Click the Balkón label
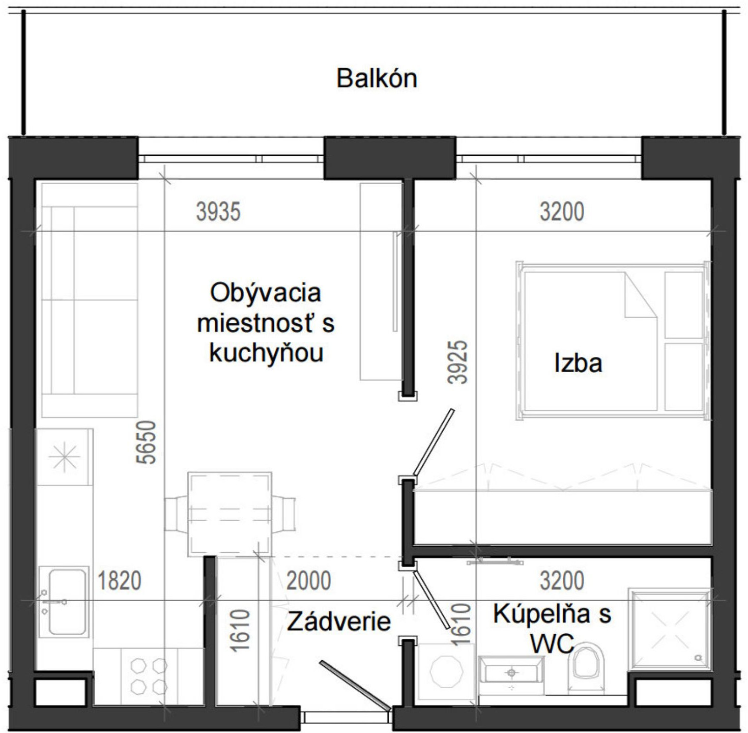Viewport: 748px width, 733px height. coord(377,78)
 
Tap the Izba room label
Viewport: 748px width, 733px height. coord(578,363)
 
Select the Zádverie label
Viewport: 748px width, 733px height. coord(338,621)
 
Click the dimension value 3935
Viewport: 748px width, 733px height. coord(218,212)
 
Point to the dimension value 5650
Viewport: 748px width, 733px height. coord(147,442)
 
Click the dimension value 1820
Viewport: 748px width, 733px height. coord(119,581)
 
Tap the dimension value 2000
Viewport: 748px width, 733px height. coord(308,581)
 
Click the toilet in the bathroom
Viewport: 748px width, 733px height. coord(588,667)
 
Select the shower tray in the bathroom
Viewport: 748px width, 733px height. coord(669,629)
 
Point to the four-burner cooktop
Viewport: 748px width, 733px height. coord(149,676)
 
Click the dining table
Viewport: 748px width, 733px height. coord(229,513)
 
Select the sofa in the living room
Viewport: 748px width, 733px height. coord(90,300)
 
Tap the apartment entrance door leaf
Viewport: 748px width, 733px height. coord(355,684)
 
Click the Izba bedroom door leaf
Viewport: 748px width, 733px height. coord(434,441)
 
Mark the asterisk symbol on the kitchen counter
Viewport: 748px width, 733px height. coord(65,456)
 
